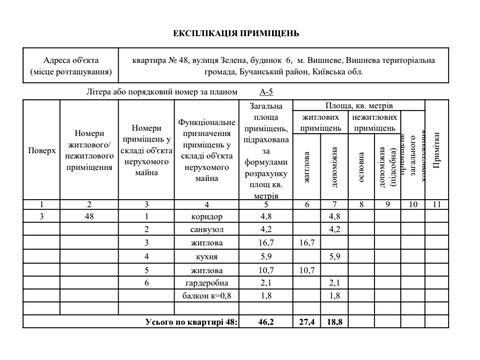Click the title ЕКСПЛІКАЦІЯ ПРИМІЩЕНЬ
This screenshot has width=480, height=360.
pyautogui.click(x=240, y=31)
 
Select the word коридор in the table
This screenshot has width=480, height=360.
pyautogui.click(x=206, y=216)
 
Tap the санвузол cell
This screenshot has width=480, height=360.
pyautogui.click(x=206, y=229)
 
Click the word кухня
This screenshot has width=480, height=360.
pyautogui.click(x=206, y=257)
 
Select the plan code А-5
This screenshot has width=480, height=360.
pyautogui.click(x=266, y=90)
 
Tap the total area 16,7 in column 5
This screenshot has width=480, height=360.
pyautogui.click(x=266, y=243)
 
